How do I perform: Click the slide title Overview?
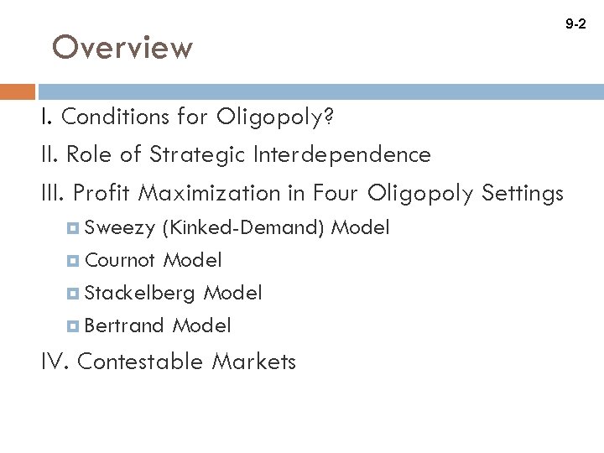point(122,48)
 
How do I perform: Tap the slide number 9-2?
point(576,25)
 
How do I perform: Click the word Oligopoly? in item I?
point(275,117)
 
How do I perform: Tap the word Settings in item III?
point(523,194)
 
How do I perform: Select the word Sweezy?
point(120,227)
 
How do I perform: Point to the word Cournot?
point(121,260)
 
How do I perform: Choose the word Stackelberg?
point(141,293)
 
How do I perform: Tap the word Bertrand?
point(125,325)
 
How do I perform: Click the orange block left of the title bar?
point(18,91)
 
